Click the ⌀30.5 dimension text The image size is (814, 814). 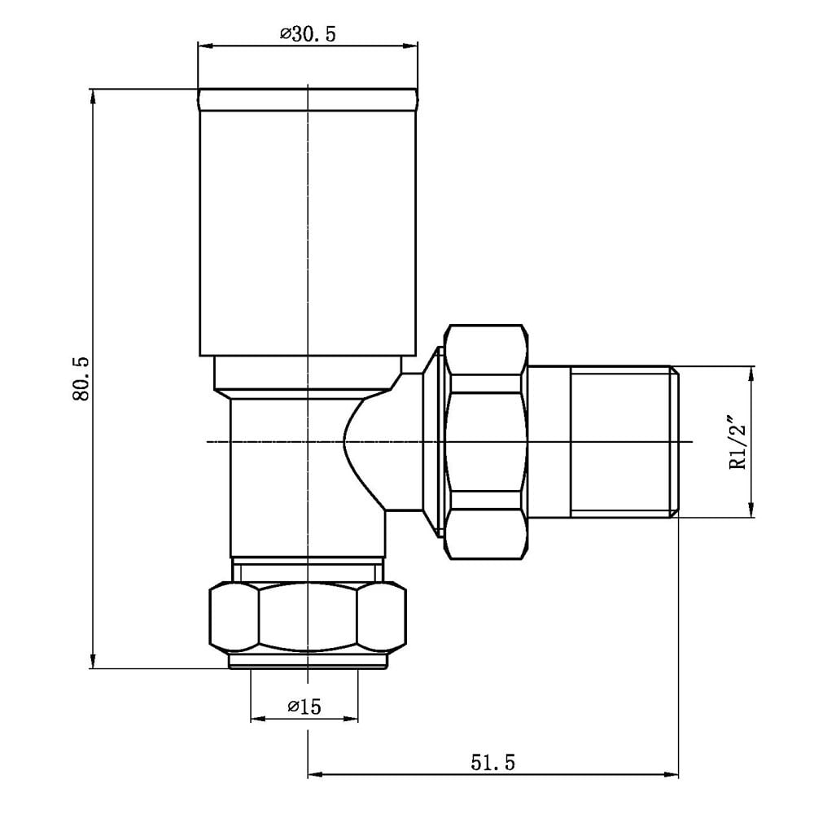[309, 34]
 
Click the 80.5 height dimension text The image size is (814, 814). [81, 378]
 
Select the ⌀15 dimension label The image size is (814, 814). [304, 707]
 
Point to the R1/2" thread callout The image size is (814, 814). [738, 441]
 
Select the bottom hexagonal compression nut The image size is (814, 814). [308, 617]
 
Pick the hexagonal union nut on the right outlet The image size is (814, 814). [486, 441]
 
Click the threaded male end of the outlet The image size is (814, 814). [623, 441]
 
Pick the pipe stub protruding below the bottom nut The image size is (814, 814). [308, 661]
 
